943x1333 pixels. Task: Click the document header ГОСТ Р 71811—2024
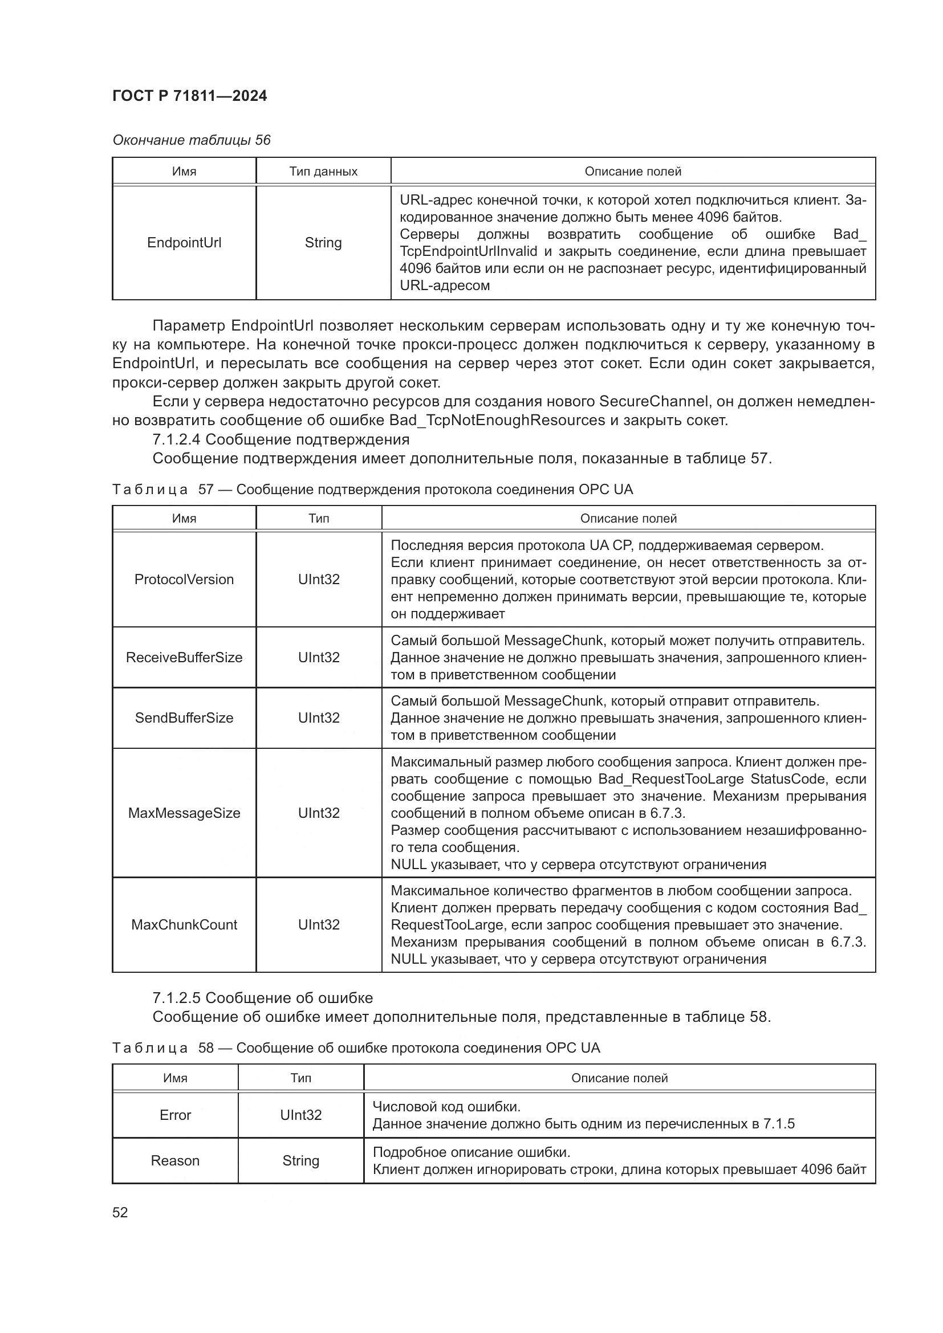(x=189, y=96)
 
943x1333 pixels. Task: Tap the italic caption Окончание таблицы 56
(x=191, y=140)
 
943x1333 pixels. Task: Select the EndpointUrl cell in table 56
(x=184, y=243)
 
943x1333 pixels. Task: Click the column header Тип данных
(x=323, y=172)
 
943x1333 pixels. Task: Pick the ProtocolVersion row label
(x=184, y=580)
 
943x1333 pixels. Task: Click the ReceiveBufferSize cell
(x=184, y=657)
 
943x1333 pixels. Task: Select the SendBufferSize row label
(x=184, y=718)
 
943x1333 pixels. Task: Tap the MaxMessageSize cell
(x=184, y=813)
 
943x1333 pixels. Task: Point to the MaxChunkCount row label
(x=184, y=924)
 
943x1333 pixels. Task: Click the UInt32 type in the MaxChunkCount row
(x=319, y=924)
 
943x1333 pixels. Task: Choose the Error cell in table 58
(x=175, y=1115)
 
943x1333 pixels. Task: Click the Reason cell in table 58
(x=175, y=1160)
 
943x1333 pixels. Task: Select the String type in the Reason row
(x=301, y=1160)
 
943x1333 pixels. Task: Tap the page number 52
(x=120, y=1212)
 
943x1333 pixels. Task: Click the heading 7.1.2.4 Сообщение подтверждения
(x=281, y=439)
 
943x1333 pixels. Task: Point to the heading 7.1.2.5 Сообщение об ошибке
(x=262, y=997)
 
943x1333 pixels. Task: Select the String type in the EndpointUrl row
(x=323, y=243)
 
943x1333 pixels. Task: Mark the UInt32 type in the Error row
(x=301, y=1115)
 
